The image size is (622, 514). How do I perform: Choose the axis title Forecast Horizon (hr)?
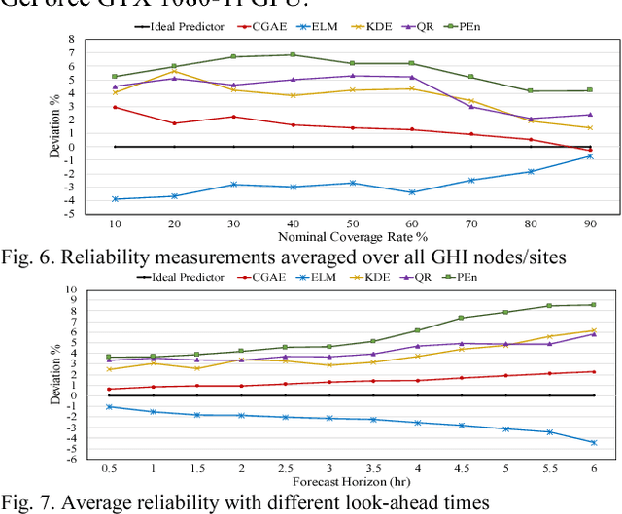tap(352, 481)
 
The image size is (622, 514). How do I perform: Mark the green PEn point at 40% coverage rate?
tap(294, 55)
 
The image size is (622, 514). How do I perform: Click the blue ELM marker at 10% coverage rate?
tap(115, 198)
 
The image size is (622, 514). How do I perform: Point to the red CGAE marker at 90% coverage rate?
tap(589, 150)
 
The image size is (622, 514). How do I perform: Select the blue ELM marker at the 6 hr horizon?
tap(593, 442)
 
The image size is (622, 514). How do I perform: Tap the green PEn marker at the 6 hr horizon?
tap(593, 305)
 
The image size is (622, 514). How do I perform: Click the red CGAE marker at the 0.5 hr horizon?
tap(108, 389)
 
